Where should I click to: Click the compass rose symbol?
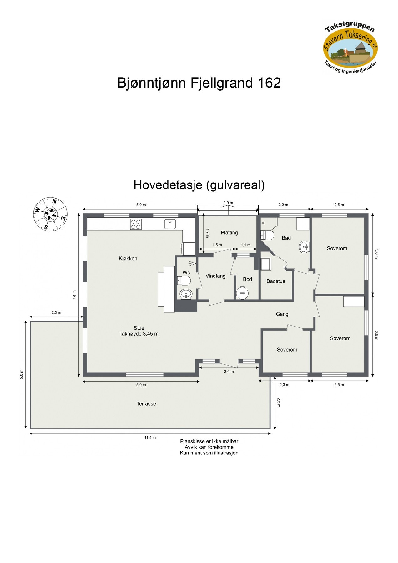tap(50, 214)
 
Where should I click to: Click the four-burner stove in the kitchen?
tap(136, 224)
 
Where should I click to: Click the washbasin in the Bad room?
tap(304, 247)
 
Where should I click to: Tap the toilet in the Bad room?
tap(268, 235)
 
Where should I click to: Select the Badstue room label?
tap(276, 281)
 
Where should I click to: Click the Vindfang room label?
tap(215, 276)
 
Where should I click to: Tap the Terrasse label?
tap(146, 404)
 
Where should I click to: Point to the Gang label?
tap(282, 314)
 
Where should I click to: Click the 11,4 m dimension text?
tap(150, 438)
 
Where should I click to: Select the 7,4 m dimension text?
tap(74, 295)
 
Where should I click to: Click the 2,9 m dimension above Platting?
tap(228, 203)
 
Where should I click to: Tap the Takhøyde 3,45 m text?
tap(139, 334)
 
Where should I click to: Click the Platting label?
tap(229, 232)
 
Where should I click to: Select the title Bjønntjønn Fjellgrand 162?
tap(199, 83)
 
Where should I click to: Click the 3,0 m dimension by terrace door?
tap(229, 372)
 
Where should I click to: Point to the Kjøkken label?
tap(128, 258)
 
